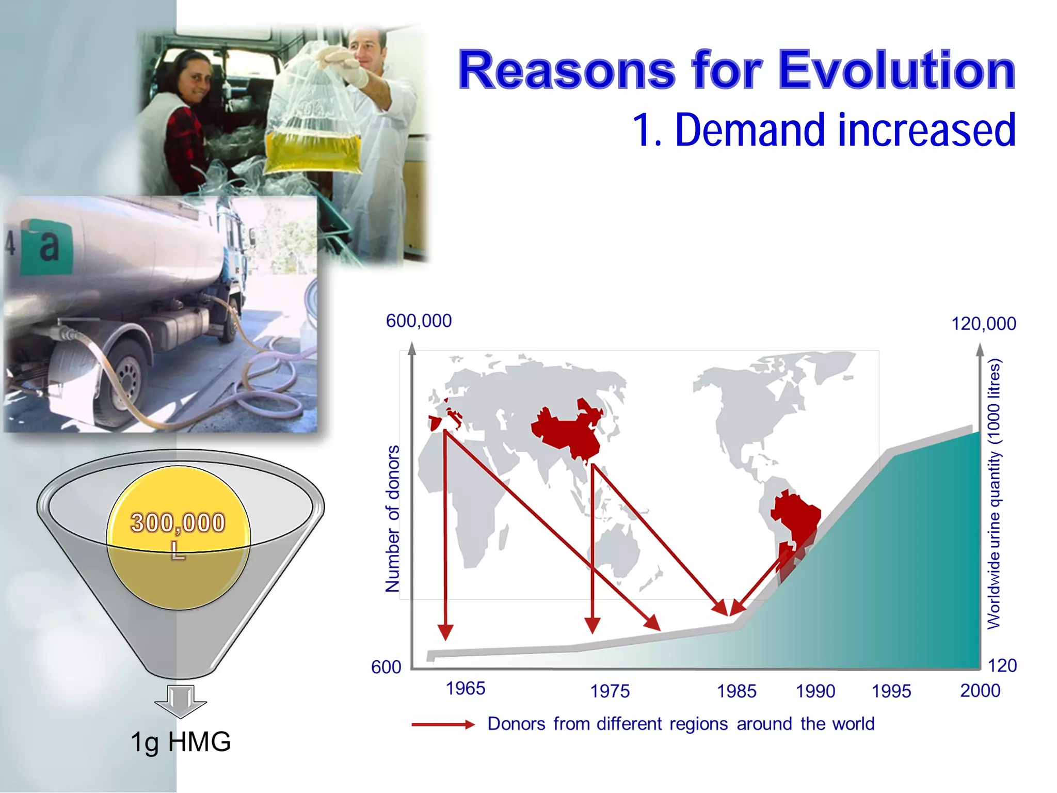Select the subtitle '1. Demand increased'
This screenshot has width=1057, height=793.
(x=824, y=131)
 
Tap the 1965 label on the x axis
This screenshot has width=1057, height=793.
(x=465, y=688)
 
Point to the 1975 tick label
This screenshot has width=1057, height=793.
(x=610, y=691)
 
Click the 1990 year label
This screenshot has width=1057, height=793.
(x=815, y=691)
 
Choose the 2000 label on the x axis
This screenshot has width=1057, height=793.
(x=980, y=690)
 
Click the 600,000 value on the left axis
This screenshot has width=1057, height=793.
(x=419, y=321)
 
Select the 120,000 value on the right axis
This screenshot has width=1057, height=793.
(x=983, y=324)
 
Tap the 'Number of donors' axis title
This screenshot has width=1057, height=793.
(x=393, y=518)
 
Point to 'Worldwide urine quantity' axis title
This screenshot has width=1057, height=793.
(x=994, y=493)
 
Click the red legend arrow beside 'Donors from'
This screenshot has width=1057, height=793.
(x=442, y=724)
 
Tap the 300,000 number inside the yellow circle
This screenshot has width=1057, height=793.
(x=178, y=522)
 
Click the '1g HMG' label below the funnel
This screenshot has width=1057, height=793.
(x=180, y=742)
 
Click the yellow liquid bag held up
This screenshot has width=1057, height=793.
(x=313, y=150)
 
